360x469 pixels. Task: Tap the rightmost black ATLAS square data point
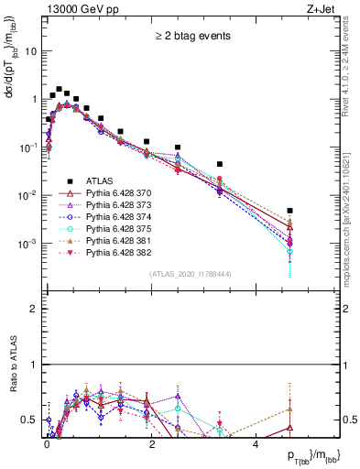coord(289,211)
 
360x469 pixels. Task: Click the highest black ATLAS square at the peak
coord(59,90)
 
